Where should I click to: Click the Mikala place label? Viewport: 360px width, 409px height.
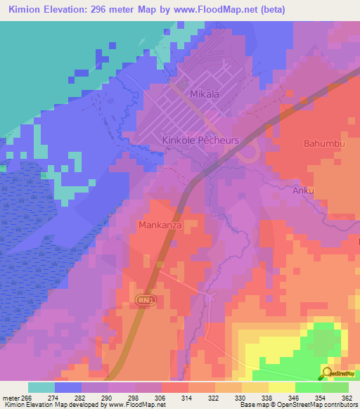(x=205, y=93)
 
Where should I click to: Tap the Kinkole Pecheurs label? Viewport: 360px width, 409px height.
(x=201, y=141)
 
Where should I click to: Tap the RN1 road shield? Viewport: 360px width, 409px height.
(x=143, y=300)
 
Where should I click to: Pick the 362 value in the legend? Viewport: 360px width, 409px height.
(x=347, y=397)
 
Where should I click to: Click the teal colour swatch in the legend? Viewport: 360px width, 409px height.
(x=41, y=387)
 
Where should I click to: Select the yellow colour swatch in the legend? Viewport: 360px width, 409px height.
(x=281, y=387)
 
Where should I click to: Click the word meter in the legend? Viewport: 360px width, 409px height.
(x=11, y=397)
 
